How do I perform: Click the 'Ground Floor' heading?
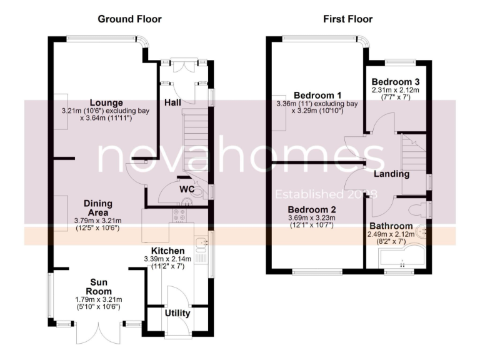(x=129, y=19)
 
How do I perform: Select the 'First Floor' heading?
(x=347, y=19)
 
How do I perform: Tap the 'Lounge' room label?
(x=106, y=102)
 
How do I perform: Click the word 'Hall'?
(x=173, y=102)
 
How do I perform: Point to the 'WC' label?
(x=186, y=188)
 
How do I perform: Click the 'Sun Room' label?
(x=99, y=286)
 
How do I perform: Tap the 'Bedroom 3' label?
(x=396, y=82)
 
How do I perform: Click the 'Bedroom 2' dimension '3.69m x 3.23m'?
(x=312, y=217)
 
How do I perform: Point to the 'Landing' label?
(x=392, y=174)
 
